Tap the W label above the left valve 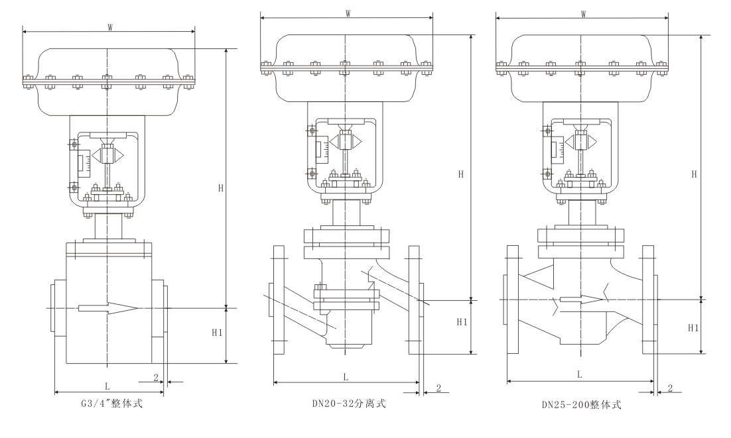(x=109, y=27)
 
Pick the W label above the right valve (x=583, y=14)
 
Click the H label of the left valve (x=221, y=188)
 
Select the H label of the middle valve (x=461, y=174)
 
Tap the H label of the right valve (x=694, y=174)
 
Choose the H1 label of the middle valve (x=462, y=321)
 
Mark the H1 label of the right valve (x=693, y=327)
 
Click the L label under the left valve (x=107, y=385)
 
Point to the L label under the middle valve (x=346, y=376)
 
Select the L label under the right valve (x=579, y=374)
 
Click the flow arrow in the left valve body (x=108, y=307)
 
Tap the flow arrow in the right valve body (x=580, y=299)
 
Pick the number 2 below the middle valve (x=438, y=388)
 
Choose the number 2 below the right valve (x=670, y=388)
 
